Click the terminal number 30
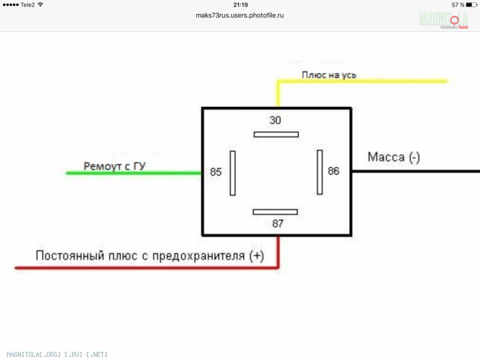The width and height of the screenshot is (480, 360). pos(275,120)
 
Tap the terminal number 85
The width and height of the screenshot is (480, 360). pos(216,172)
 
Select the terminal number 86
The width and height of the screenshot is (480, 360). pos(334,171)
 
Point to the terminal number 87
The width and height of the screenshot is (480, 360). pos(278,223)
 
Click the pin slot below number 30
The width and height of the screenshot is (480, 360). pos(276,134)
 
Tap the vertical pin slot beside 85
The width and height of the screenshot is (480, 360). pos(233,173)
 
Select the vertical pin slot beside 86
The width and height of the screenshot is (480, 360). pos(320,172)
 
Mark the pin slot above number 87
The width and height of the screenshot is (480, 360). pos(275,212)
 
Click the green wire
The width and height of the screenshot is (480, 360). pos(134,173)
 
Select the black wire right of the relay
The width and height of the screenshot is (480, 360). pos(416,171)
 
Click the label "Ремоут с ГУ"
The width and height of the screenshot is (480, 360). pos(115,166)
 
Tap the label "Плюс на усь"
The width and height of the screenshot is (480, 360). pos(329,75)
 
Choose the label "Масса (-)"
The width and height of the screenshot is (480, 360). pos(394,157)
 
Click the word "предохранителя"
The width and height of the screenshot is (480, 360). pos(199,256)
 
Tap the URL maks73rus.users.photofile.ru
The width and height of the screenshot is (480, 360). pos(239,16)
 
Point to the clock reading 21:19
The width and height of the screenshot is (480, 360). pos(241,5)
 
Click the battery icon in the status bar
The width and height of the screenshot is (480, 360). pos(472,5)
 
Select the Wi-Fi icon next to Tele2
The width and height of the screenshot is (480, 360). pos(40,5)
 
